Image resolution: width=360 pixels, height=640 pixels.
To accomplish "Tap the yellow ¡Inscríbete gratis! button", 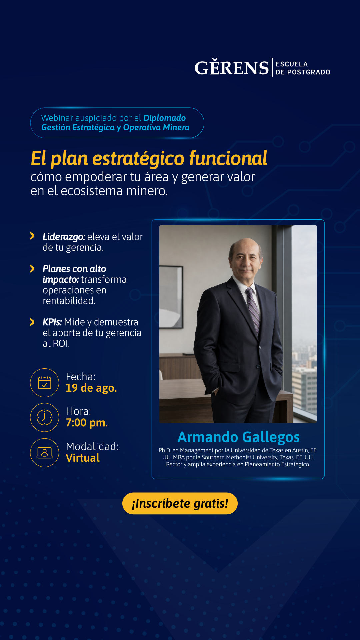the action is coord(180,503).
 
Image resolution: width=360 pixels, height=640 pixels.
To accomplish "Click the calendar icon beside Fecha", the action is coord(45,383).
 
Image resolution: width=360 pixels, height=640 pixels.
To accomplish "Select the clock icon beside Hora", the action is coord(45,417).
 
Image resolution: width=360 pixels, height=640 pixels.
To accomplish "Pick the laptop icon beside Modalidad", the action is coord(45,452).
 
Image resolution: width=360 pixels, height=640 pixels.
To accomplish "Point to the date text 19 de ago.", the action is coord(91,388).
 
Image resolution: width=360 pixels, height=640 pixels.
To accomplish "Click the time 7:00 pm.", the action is coord(87,423).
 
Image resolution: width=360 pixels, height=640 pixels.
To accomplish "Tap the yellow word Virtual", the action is coord(83,458).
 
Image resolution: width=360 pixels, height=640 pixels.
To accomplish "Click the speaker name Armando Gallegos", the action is coord(239,437).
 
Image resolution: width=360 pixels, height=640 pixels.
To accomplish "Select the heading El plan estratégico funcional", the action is coord(149,158).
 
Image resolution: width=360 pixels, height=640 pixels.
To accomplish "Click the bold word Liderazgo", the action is coord(64,237).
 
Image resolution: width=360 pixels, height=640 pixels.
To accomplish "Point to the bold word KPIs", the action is coord(52,322).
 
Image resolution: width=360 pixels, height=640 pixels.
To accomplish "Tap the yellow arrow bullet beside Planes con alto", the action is coord(32,269).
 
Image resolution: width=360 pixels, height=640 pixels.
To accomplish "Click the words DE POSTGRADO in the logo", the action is coord(303,72).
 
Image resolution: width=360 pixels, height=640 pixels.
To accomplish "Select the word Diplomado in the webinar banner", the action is coord(165,118).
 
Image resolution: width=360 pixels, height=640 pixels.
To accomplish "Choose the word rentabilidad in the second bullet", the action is coord(69,301).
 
